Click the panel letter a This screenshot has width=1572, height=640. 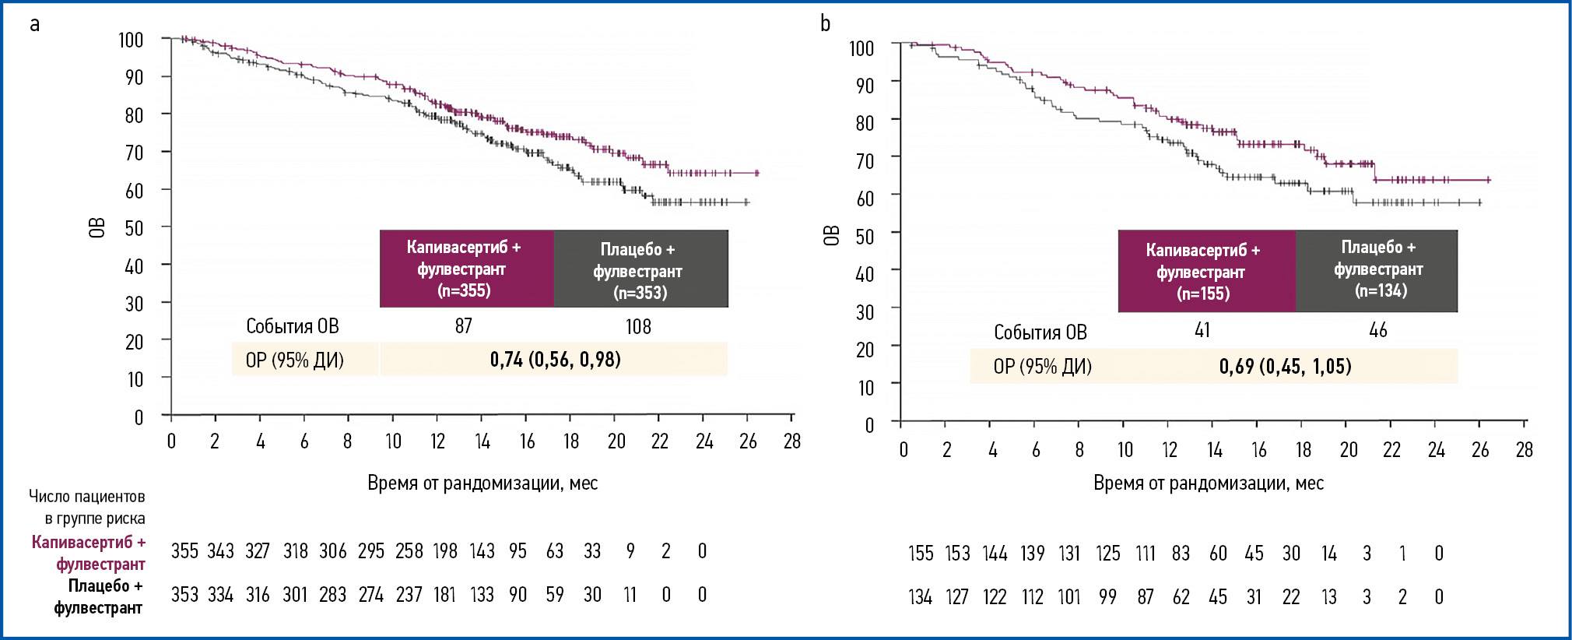coord(34,24)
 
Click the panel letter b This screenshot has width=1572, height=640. coord(825,24)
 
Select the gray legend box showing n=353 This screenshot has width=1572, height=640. coord(640,269)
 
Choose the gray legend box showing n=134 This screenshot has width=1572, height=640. coord(1377,269)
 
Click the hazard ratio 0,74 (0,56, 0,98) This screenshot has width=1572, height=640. coord(555,360)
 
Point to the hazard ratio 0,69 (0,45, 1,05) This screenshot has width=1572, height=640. coord(1285,367)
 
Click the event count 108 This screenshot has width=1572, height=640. coord(638,327)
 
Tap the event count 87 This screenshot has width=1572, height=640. coord(464,326)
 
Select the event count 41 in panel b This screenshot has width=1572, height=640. coord(1202,331)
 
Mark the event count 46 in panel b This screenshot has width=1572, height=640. coord(1377,331)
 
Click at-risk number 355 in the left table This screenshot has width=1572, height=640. coord(184,551)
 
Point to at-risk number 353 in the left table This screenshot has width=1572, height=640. coord(184,595)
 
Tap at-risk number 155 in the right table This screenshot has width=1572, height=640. coord(921,554)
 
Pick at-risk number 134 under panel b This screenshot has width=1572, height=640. coord(920,597)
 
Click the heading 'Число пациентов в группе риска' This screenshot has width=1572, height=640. coord(87,508)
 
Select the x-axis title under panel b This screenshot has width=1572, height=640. coord(1209,484)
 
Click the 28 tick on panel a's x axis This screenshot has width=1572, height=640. coord(792,442)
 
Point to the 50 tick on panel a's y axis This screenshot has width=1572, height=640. coord(135,229)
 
